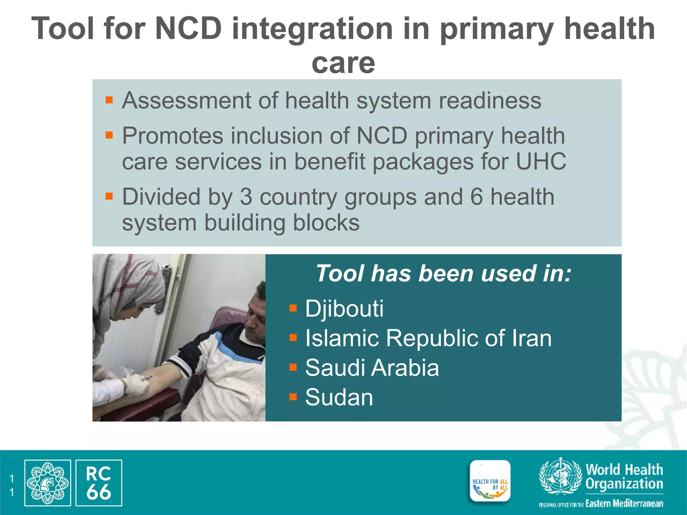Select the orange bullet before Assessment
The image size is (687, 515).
[x=109, y=100]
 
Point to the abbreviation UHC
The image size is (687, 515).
[x=541, y=162]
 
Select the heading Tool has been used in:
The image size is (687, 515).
[x=443, y=274]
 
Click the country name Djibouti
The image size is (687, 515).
[x=344, y=308]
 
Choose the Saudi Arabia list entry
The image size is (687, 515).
[x=372, y=368]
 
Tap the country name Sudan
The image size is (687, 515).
[x=339, y=398]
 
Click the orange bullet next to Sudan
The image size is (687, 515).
[x=293, y=397]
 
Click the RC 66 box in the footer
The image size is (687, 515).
[x=99, y=483]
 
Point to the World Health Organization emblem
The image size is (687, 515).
[x=560, y=476]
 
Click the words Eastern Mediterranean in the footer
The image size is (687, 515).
[x=624, y=504]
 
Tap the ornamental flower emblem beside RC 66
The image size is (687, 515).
[x=48, y=483]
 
